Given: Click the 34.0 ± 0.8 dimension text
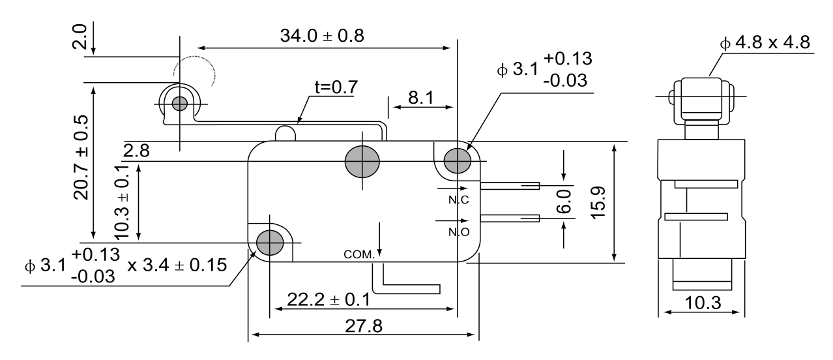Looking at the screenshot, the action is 322,36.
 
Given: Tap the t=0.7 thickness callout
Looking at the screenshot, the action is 336,87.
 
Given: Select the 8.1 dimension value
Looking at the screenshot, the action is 421,98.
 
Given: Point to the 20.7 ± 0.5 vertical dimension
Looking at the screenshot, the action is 81,157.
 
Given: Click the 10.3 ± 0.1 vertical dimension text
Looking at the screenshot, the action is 122,202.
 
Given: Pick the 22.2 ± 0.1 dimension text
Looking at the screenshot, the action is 329,300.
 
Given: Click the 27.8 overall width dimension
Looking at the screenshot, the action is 364,326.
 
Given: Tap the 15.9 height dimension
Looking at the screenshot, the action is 598,203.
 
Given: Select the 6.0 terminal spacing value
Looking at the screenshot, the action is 564,202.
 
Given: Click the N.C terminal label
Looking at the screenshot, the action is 458,200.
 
